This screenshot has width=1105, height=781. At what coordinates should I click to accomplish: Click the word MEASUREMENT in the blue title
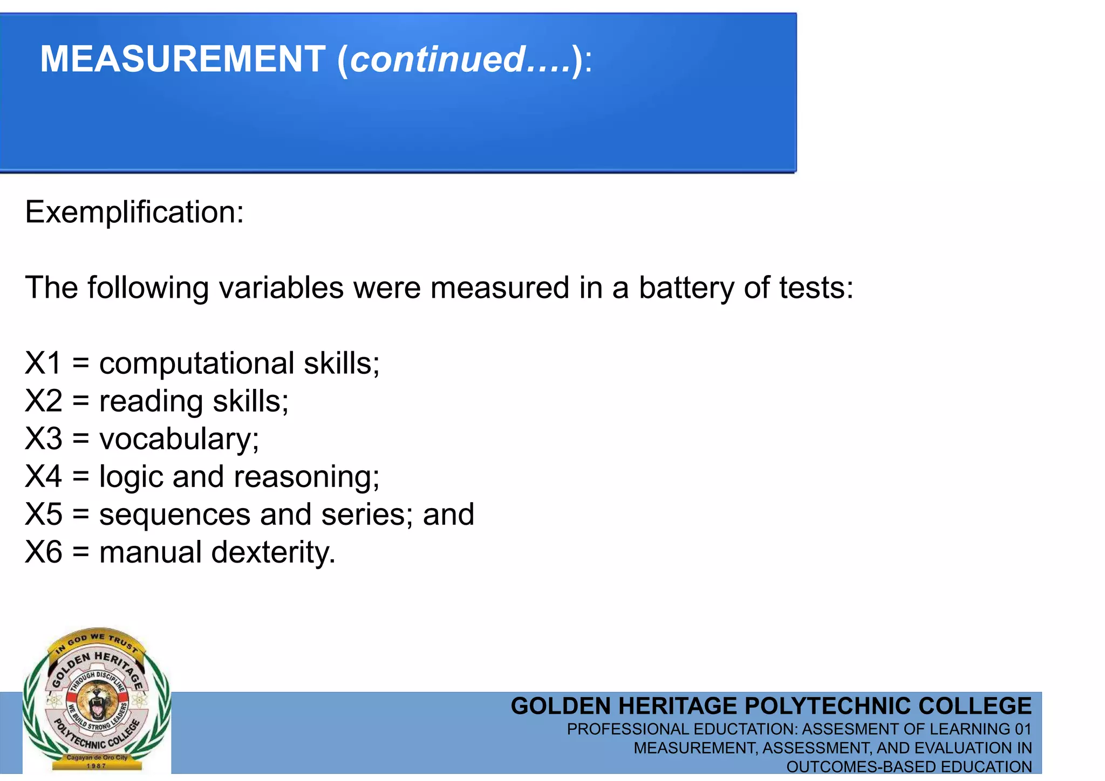182,59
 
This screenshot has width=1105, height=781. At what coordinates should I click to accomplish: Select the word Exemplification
134,212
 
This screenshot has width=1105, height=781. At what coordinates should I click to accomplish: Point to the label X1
43,363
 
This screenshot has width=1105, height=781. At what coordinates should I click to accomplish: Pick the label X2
43,401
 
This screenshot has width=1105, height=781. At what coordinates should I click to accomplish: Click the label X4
43,477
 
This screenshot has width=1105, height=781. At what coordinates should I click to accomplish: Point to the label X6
43,552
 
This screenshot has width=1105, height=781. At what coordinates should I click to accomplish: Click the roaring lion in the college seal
97,700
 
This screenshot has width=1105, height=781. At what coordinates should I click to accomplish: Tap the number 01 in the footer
1022,729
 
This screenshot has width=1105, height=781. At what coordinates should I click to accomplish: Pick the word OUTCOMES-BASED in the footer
860,766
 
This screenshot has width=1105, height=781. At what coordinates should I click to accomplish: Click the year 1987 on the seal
97,765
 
